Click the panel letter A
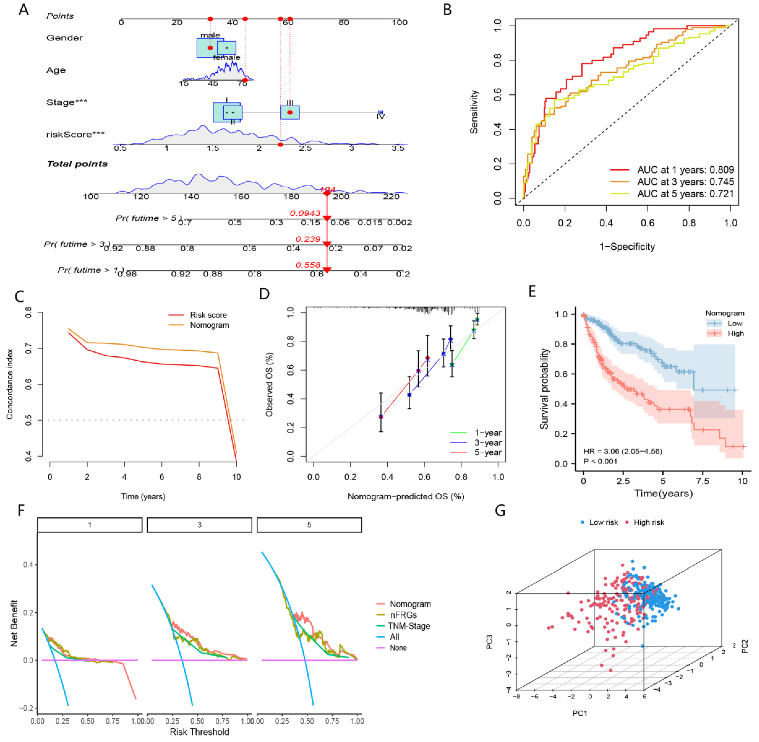(x=24, y=9)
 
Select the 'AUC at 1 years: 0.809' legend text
(x=685, y=170)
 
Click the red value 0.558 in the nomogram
(x=308, y=265)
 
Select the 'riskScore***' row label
(x=75, y=134)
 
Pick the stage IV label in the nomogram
(x=381, y=116)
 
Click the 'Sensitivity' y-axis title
(x=473, y=112)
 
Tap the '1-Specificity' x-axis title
(x=627, y=247)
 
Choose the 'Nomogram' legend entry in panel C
(x=209, y=325)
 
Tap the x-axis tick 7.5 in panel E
(x=703, y=481)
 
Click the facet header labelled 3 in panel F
(x=199, y=525)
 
